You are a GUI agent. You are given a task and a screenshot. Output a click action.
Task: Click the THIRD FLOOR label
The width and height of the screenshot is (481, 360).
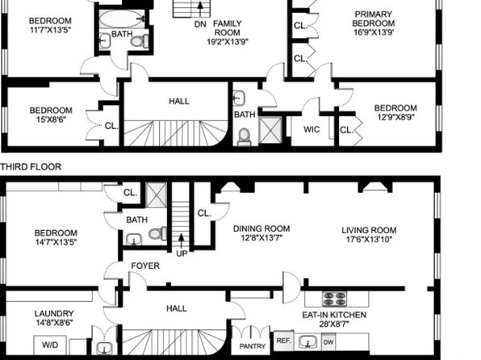[31, 166]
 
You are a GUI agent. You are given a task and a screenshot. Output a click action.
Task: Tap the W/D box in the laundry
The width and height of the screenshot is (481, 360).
[50, 345]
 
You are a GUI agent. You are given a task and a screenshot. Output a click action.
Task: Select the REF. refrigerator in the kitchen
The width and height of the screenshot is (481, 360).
[283, 341]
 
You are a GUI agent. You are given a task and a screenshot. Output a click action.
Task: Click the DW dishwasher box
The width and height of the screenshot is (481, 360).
[328, 341]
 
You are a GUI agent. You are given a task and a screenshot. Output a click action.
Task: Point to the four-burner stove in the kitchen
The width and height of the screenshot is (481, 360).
[335, 299]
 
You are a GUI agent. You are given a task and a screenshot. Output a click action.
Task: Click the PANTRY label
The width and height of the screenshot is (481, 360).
[252, 346]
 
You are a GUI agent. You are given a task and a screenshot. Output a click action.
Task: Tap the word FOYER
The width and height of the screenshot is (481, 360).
[145, 266]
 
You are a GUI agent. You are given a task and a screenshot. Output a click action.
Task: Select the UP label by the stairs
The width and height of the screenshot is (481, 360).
[182, 253]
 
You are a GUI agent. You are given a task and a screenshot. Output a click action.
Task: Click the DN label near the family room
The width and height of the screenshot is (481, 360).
[200, 24]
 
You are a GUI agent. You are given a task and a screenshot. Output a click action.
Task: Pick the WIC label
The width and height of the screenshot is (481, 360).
[312, 129]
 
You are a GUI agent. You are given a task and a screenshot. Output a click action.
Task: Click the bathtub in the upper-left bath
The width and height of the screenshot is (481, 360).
[121, 19]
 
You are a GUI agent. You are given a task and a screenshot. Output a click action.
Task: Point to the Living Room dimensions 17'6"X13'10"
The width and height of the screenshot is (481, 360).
[370, 240]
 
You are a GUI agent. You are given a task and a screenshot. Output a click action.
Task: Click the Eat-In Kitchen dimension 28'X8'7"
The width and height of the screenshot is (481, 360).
[334, 324]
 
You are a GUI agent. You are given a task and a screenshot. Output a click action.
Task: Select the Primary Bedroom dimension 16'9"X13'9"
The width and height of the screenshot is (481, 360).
[374, 32]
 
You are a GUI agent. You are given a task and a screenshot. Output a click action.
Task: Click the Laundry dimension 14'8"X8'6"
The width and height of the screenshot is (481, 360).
[54, 323]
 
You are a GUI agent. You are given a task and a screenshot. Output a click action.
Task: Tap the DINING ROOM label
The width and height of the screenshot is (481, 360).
[261, 228]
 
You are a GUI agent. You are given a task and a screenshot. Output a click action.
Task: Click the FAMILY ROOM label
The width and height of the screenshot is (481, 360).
[228, 28]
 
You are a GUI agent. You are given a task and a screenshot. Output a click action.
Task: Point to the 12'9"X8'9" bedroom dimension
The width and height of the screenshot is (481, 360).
[395, 117]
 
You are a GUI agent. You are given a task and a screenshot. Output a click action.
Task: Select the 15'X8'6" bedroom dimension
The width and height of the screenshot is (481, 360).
[51, 119]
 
